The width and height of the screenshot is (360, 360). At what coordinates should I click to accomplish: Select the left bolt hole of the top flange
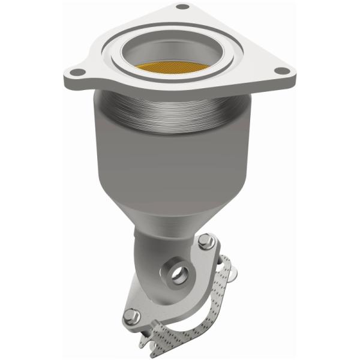click(x=75, y=74)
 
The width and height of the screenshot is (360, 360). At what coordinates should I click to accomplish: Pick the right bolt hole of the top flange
click(x=280, y=73)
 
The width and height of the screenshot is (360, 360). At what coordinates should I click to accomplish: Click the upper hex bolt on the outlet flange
click(x=208, y=242)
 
